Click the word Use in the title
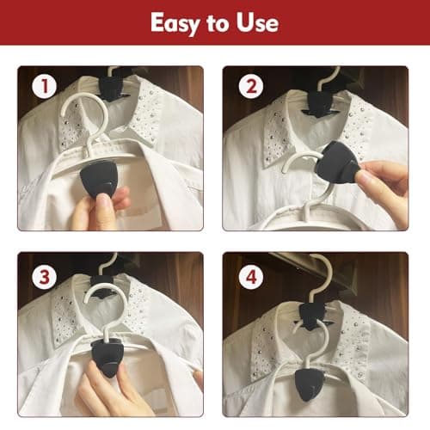tap(258, 22)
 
